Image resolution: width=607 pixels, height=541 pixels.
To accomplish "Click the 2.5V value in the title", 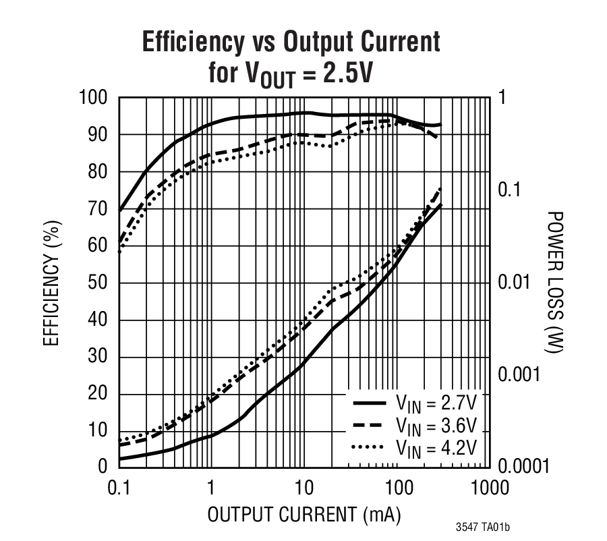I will click(x=347, y=72).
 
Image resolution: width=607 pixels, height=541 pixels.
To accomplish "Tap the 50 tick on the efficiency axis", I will click(x=98, y=283).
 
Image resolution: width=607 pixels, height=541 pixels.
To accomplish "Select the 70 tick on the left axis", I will click(x=98, y=209).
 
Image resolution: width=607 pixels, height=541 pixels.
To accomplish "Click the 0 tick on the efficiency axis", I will click(x=103, y=466).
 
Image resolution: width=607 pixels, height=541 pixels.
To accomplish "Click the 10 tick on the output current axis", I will click(x=303, y=488).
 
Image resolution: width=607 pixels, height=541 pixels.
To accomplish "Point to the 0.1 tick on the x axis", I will click(x=119, y=488).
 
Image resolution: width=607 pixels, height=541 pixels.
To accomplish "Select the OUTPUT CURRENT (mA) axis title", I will click(x=303, y=515).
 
